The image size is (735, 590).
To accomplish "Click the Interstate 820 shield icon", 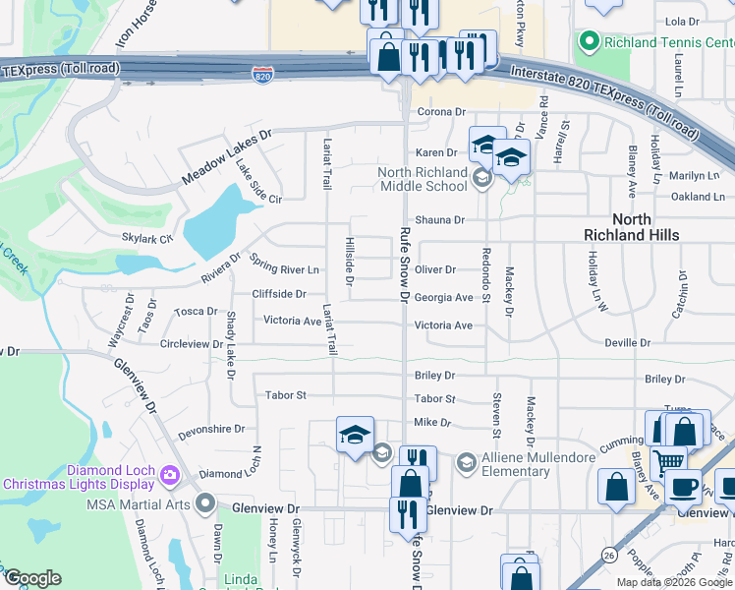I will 261,76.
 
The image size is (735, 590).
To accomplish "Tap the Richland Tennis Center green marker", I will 590,42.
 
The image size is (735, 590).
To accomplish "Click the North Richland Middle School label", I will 423,179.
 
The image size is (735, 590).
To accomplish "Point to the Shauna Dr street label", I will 438,220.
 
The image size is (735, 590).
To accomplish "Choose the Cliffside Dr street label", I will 279,294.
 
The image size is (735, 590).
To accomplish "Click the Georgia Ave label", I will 443,297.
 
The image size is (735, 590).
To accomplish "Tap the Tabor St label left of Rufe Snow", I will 286,395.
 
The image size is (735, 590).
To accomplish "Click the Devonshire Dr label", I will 211,430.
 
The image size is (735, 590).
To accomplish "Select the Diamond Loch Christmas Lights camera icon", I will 170,476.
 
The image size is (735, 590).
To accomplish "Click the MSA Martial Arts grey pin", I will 205,504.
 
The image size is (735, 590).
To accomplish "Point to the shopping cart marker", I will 669,460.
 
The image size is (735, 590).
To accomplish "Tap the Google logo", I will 31,578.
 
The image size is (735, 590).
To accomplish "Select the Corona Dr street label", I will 438,113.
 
